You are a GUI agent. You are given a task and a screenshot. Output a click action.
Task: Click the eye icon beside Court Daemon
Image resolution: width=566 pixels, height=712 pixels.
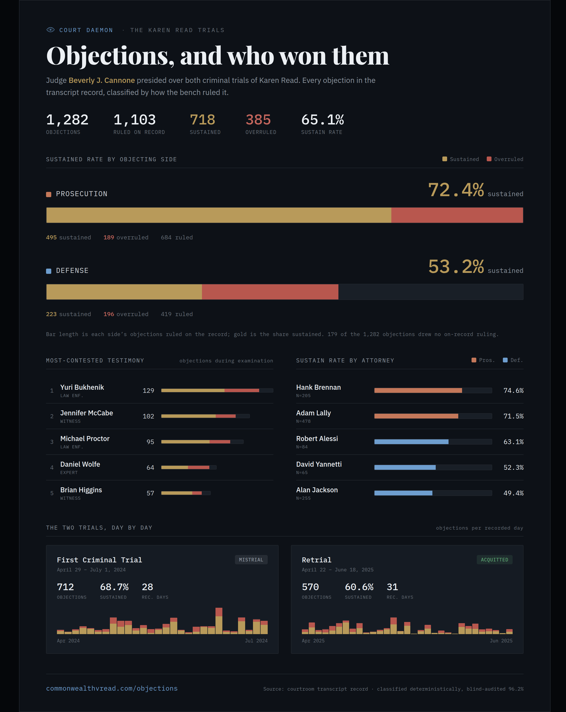pyautogui.click(x=51, y=30)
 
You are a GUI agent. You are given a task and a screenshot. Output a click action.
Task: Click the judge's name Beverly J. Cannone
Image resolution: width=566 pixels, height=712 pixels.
pyautogui.click(x=102, y=80)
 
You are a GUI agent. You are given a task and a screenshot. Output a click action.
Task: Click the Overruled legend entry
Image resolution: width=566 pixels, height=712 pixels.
pyautogui.click(x=505, y=159)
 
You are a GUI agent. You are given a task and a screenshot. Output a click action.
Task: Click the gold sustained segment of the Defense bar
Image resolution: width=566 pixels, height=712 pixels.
pyautogui.click(x=124, y=292)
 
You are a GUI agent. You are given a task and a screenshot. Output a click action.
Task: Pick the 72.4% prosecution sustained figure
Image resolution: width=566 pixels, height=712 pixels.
pyautogui.click(x=456, y=190)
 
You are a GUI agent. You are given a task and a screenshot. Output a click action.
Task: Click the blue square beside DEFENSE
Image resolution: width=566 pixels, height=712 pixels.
pyautogui.click(x=48, y=271)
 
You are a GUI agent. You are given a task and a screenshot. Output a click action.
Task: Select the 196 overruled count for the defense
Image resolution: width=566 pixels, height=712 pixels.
pyautogui.click(x=109, y=314)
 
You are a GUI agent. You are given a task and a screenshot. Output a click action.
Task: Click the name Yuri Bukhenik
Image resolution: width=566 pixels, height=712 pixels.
pyautogui.click(x=82, y=387)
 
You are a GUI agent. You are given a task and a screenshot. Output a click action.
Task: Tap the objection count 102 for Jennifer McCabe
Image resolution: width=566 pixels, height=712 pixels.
pyautogui.click(x=149, y=416)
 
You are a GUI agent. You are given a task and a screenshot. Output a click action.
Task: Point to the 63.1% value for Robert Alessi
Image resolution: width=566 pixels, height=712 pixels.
pyautogui.click(x=513, y=442)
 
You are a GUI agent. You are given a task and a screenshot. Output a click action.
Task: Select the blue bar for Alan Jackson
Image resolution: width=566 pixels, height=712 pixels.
pyautogui.click(x=403, y=493)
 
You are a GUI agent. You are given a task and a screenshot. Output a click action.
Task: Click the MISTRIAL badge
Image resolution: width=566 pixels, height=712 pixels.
pyautogui.click(x=251, y=560)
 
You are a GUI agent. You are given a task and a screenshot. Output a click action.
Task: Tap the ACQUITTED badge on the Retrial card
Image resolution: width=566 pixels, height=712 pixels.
pyautogui.click(x=494, y=560)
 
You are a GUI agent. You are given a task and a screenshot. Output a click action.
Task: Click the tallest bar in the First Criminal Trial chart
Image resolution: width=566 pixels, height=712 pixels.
pyautogui.click(x=219, y=621)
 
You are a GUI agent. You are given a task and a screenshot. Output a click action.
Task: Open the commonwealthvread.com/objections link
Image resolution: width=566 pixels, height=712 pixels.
pyautogui.click(x=112, y=688)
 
